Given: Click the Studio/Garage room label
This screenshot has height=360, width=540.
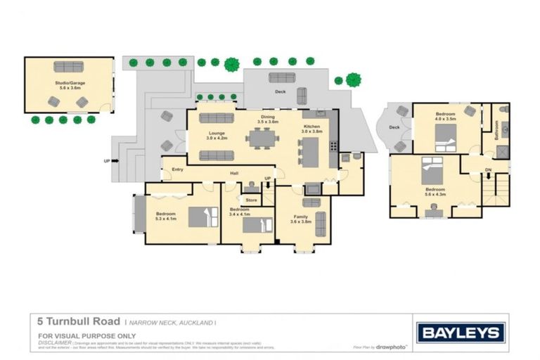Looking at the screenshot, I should [x=68, y=85].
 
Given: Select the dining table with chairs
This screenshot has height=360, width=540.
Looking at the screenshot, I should [x=262, y=138].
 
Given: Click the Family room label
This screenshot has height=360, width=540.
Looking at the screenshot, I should [x=301, y=219].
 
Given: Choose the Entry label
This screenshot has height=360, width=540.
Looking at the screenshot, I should [x=176, y=169].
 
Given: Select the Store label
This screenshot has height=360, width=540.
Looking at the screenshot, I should [x=251, y=200].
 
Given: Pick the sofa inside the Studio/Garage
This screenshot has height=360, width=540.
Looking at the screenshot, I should [x=68, y=67].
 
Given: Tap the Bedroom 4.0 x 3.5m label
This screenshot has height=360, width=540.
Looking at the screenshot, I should [x=445, y=116].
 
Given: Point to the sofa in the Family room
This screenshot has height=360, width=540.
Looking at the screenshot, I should [x=321, y=224].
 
